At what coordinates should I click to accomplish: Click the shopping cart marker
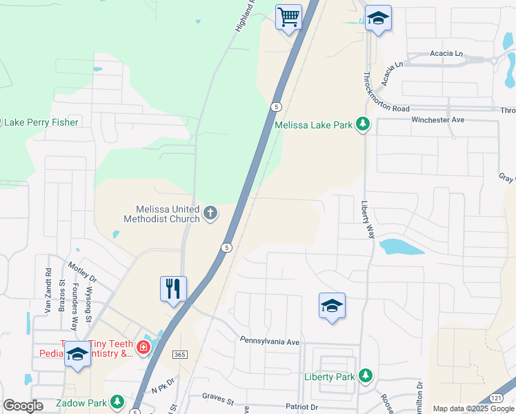[289, 17]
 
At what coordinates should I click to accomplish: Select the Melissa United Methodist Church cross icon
[210, 214]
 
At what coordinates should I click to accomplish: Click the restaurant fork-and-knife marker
[173, 288]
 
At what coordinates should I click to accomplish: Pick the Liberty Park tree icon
[366, 377]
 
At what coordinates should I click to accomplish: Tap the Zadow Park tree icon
[117, 402]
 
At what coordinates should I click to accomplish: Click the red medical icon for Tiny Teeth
[143, 347]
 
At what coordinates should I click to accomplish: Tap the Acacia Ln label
[446, 53]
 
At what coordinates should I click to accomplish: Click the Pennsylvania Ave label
[270, 341]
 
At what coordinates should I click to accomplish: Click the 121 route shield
[497, 398]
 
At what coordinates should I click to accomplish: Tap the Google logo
[23, 406]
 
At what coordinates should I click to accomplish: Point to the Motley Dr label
[82, 271]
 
